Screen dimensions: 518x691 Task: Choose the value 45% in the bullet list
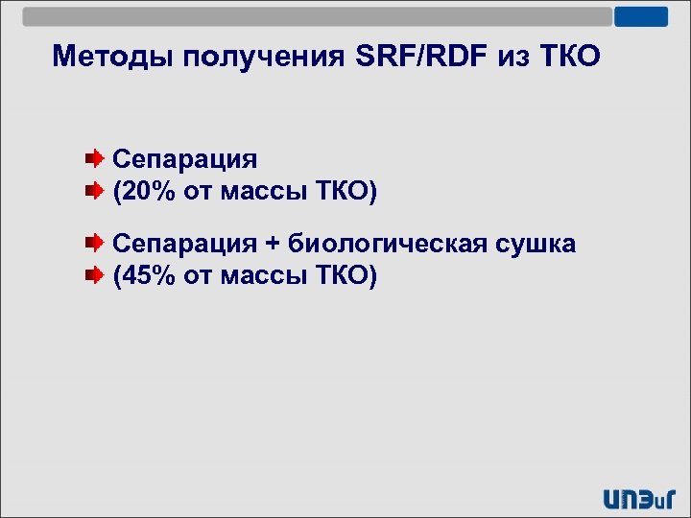(148, 277)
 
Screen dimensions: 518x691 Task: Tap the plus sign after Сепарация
(273, 244)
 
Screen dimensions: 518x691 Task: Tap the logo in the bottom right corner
(639, 497)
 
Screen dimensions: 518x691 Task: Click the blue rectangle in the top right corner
(640, 17)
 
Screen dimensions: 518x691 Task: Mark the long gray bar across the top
(317, 17)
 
